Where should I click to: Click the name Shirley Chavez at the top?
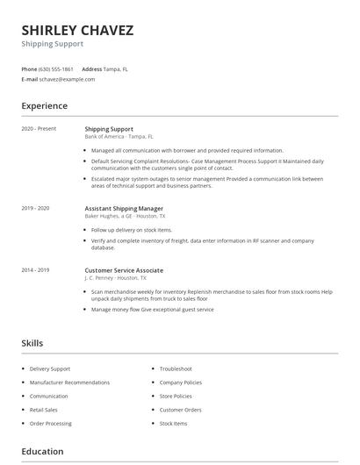tap(77, 31)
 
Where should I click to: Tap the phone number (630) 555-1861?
tap(57, 68)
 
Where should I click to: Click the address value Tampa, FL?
tap(116, 68)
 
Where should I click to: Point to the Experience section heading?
tap(44, 106)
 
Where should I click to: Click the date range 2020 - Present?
tap(39, 129)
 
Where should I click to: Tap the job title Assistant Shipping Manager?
tap(124, 208)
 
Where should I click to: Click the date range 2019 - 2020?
tap(35, 208)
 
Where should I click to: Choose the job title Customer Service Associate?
tap(124, 270)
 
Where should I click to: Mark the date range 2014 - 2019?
tap(35, 270)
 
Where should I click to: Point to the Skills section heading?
tap(32, 343)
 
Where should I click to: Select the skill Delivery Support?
tap(50, 369)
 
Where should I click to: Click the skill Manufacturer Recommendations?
tap(69, 383)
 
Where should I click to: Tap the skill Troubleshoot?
tap(176, 369)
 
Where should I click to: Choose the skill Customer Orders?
tap(180, 410)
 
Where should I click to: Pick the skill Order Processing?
tap(51, 424)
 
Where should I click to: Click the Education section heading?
tap(42, 452)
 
